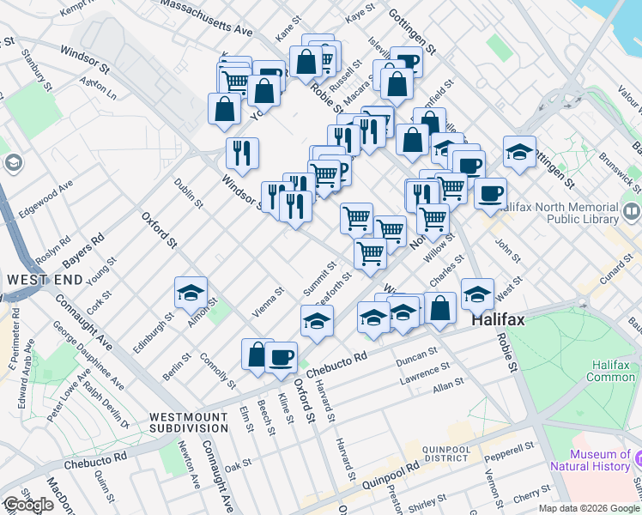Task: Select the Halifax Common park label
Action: (611, 370)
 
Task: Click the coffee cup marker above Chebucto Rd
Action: (281, 355)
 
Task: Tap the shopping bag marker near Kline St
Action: (257, 354)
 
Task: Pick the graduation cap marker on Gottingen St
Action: (519, 151)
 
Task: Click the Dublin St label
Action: (188, 193)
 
